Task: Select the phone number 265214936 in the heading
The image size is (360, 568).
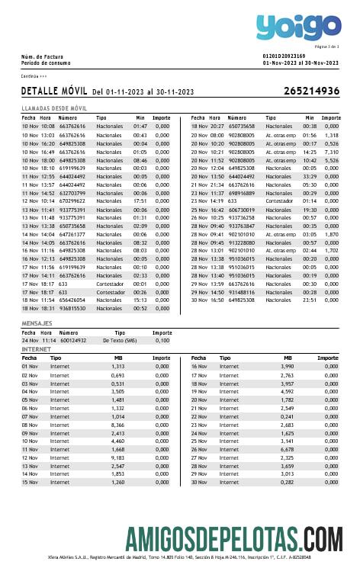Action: (311, 91)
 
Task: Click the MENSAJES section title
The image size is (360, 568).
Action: (37, 324)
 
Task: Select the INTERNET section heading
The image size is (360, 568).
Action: (36, 349)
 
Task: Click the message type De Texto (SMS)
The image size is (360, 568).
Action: (119, 340)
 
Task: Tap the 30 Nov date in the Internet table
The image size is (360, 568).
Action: (200, 482)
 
